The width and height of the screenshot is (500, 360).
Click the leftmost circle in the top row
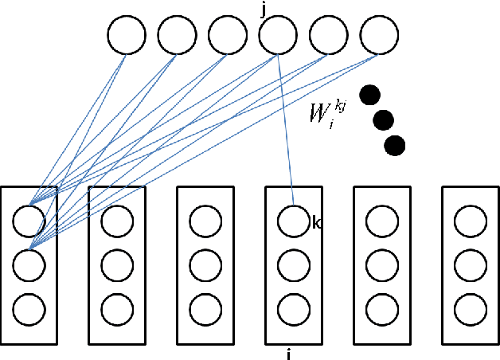click(x=127, y=35)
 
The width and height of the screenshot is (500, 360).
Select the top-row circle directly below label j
click(x=278, y=35)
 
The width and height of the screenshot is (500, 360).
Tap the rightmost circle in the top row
click(x=378, y=35)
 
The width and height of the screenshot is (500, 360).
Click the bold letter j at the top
click(x=264, y=9)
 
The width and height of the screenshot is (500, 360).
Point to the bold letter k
click(x=316, y=225)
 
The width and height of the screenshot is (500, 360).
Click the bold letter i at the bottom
click(x=287, y=354)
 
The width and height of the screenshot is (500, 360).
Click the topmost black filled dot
click(x=369, y=95)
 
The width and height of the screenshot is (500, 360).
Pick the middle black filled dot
click(x=384, y=120)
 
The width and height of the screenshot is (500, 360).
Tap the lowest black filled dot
click(x=394, y=146)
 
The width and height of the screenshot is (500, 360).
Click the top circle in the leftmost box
click(x=29, y=220)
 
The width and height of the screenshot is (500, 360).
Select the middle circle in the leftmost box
click(x=29, y=263)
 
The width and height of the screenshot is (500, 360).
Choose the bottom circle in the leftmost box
click(x=29, y=307)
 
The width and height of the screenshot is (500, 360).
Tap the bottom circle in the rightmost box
click(x=470, y=307)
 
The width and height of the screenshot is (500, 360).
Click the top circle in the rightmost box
click(x=470, y=220)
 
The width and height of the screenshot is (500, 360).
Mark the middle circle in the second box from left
click(x=117, y=263)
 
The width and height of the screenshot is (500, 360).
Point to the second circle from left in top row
click(x=177, y=35)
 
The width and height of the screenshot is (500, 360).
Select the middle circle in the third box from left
click(x=205, y=263)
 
